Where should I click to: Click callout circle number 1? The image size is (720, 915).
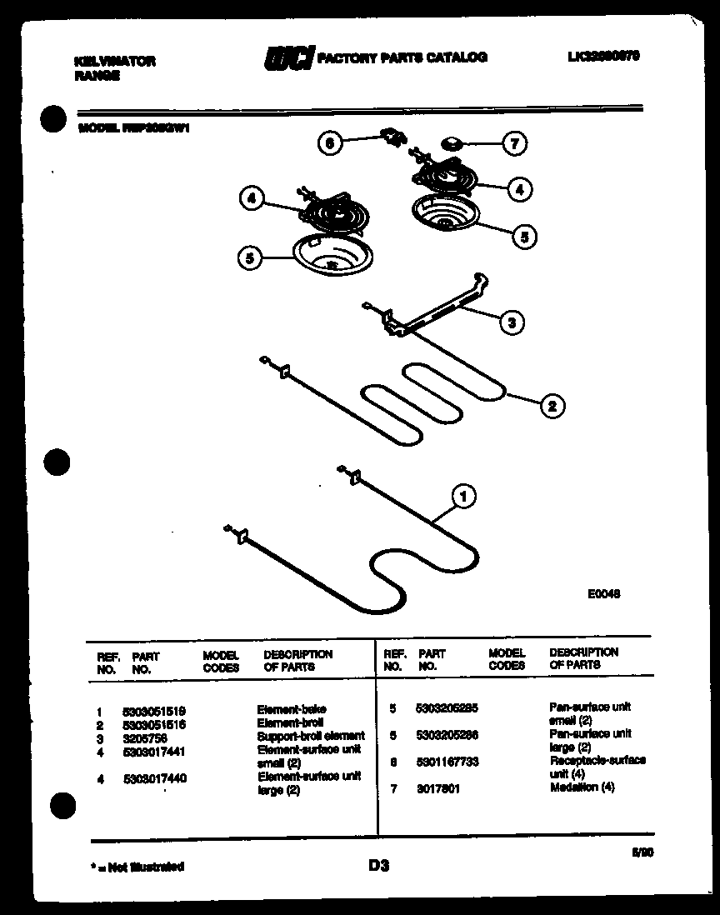(x=464, y=497)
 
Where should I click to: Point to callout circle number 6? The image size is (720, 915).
(x=330, y=143)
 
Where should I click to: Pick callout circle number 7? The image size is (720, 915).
(x=514, y=144)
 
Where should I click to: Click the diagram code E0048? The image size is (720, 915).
(x=603, y=594)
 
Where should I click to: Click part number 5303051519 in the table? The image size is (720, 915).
(x=153, y=711)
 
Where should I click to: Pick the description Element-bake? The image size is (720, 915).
(x=292, y=710)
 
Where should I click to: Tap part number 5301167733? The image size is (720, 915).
(x=447, y=762)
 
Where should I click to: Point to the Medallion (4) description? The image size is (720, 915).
(x=582, y=787)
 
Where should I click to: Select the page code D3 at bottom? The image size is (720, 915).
(x=378, y=866)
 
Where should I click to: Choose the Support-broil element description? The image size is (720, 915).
(x=311, y=737)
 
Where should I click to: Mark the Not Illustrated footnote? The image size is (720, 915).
(x=136, y=867)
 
